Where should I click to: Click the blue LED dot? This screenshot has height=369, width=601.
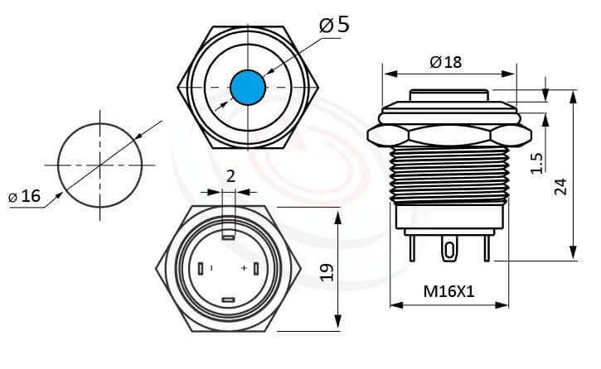click(246, 88)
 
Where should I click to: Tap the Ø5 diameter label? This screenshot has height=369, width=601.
click(334, 25)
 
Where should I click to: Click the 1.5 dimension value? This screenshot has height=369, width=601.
click(536, 162)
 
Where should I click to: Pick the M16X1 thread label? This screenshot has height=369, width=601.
click(448, 291)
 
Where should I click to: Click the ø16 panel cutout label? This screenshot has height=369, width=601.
click(25, 196)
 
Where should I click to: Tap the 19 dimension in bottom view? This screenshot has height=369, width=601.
click(326, 271)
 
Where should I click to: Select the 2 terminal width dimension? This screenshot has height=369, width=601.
click(230, 175)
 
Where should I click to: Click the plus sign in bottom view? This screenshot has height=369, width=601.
click(244, 269)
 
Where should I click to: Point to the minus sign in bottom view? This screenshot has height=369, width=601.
click(212, 269)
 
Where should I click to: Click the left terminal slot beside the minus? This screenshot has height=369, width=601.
click(201, 269)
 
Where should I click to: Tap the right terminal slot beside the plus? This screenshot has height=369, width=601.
click(257, 269)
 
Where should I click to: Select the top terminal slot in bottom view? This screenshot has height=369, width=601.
click(229, 235)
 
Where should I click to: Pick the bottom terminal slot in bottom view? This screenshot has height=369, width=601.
click(229, 300)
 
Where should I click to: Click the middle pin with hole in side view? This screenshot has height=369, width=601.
click(448, 249)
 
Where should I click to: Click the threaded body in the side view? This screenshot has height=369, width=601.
click(448, 174)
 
